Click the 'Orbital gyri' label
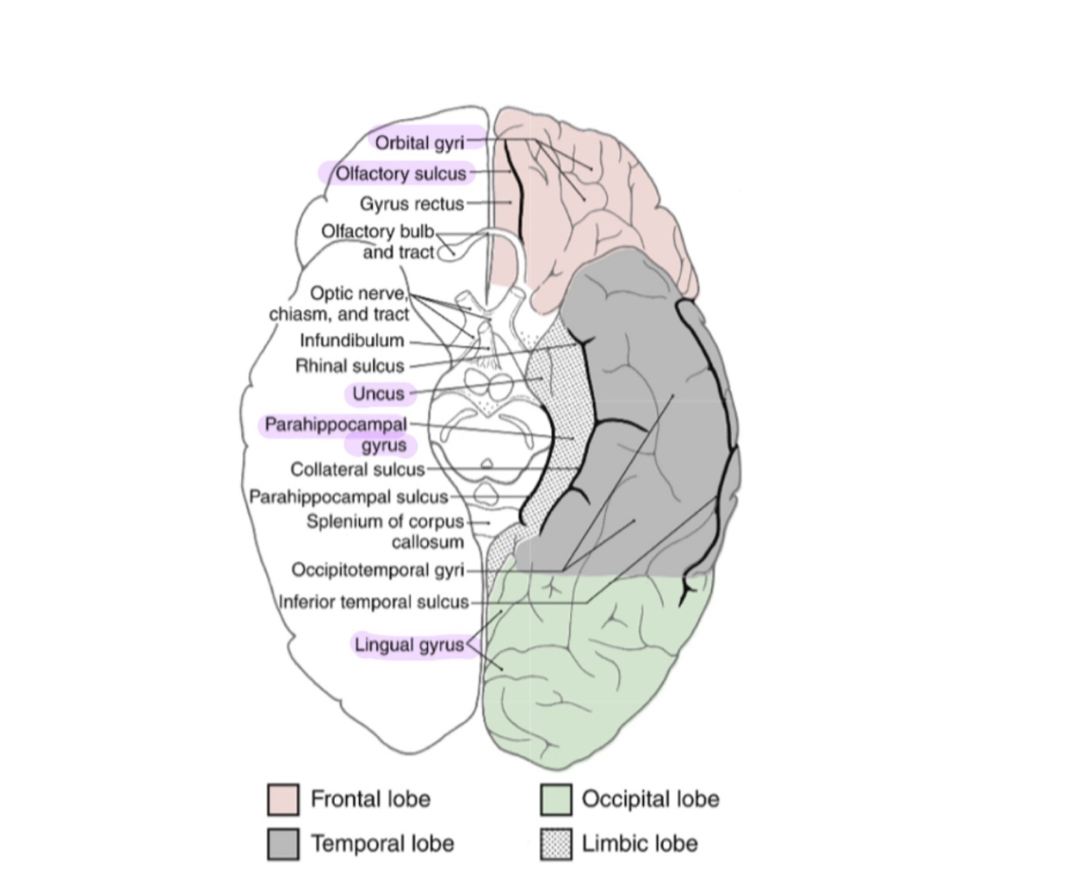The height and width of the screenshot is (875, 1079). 419,142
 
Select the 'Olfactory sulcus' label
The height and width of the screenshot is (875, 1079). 401,173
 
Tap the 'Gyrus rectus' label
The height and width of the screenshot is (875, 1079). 412,203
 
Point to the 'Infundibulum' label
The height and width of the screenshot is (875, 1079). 352,341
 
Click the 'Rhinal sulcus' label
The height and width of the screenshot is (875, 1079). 349,366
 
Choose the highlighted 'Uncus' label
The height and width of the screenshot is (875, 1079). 378,393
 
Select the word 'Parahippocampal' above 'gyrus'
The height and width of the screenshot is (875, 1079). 336,424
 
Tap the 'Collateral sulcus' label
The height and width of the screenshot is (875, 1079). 357,469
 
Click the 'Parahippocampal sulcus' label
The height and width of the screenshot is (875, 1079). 348,497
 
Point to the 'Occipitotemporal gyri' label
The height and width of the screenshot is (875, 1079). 378,570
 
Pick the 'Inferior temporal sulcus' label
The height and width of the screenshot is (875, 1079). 373,602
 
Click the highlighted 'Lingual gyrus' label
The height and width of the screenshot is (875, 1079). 409,645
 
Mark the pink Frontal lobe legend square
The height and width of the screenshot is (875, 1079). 283,799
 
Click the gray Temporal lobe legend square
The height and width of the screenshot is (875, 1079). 283,843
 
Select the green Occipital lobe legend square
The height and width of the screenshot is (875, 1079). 556,799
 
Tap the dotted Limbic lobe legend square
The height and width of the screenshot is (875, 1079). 556,843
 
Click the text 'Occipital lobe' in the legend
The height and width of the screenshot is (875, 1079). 650,799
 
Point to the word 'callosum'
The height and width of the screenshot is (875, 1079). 427,542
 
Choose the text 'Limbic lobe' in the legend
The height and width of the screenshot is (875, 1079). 639,843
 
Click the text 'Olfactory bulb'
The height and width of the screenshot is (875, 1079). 378,231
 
